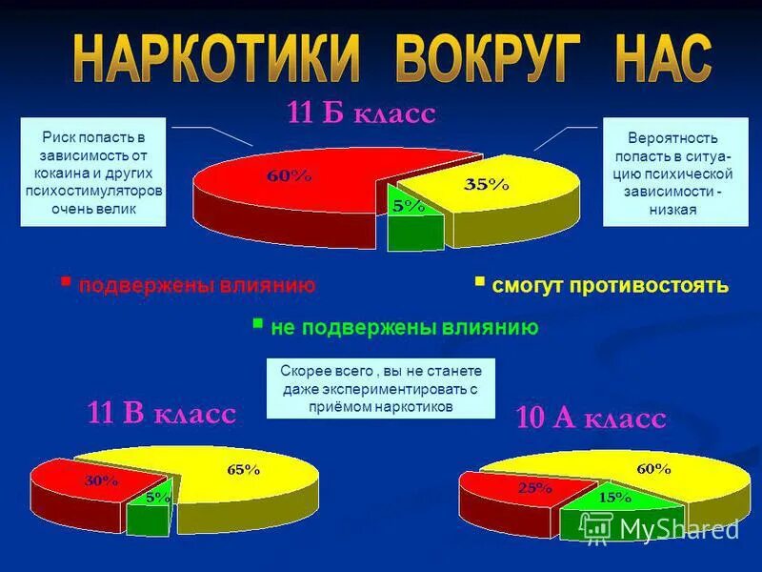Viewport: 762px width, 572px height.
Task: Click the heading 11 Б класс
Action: click(361, 113)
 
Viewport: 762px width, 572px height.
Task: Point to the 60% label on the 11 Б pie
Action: click(289, 175)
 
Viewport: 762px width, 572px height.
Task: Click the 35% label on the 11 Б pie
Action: click(486, 185)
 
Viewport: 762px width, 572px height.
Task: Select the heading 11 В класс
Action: click(162, 413)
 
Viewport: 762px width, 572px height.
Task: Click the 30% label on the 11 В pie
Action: click(102, 480)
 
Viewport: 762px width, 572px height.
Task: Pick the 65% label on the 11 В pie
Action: click(243, 468)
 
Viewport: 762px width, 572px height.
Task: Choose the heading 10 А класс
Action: click(590, 418)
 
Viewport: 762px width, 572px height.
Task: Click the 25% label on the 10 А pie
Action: click(534, 487)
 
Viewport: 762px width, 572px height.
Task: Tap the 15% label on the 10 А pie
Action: click(615, 496)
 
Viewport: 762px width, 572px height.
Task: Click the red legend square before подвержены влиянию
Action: click(66, 282)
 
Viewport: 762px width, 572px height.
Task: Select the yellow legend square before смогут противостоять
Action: click(479, 282)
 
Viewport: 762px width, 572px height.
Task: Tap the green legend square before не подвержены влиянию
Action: click(257, 324)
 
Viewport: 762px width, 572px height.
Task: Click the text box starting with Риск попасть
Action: click(93, 172)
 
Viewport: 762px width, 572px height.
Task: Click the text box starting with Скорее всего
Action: click(381, 389)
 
